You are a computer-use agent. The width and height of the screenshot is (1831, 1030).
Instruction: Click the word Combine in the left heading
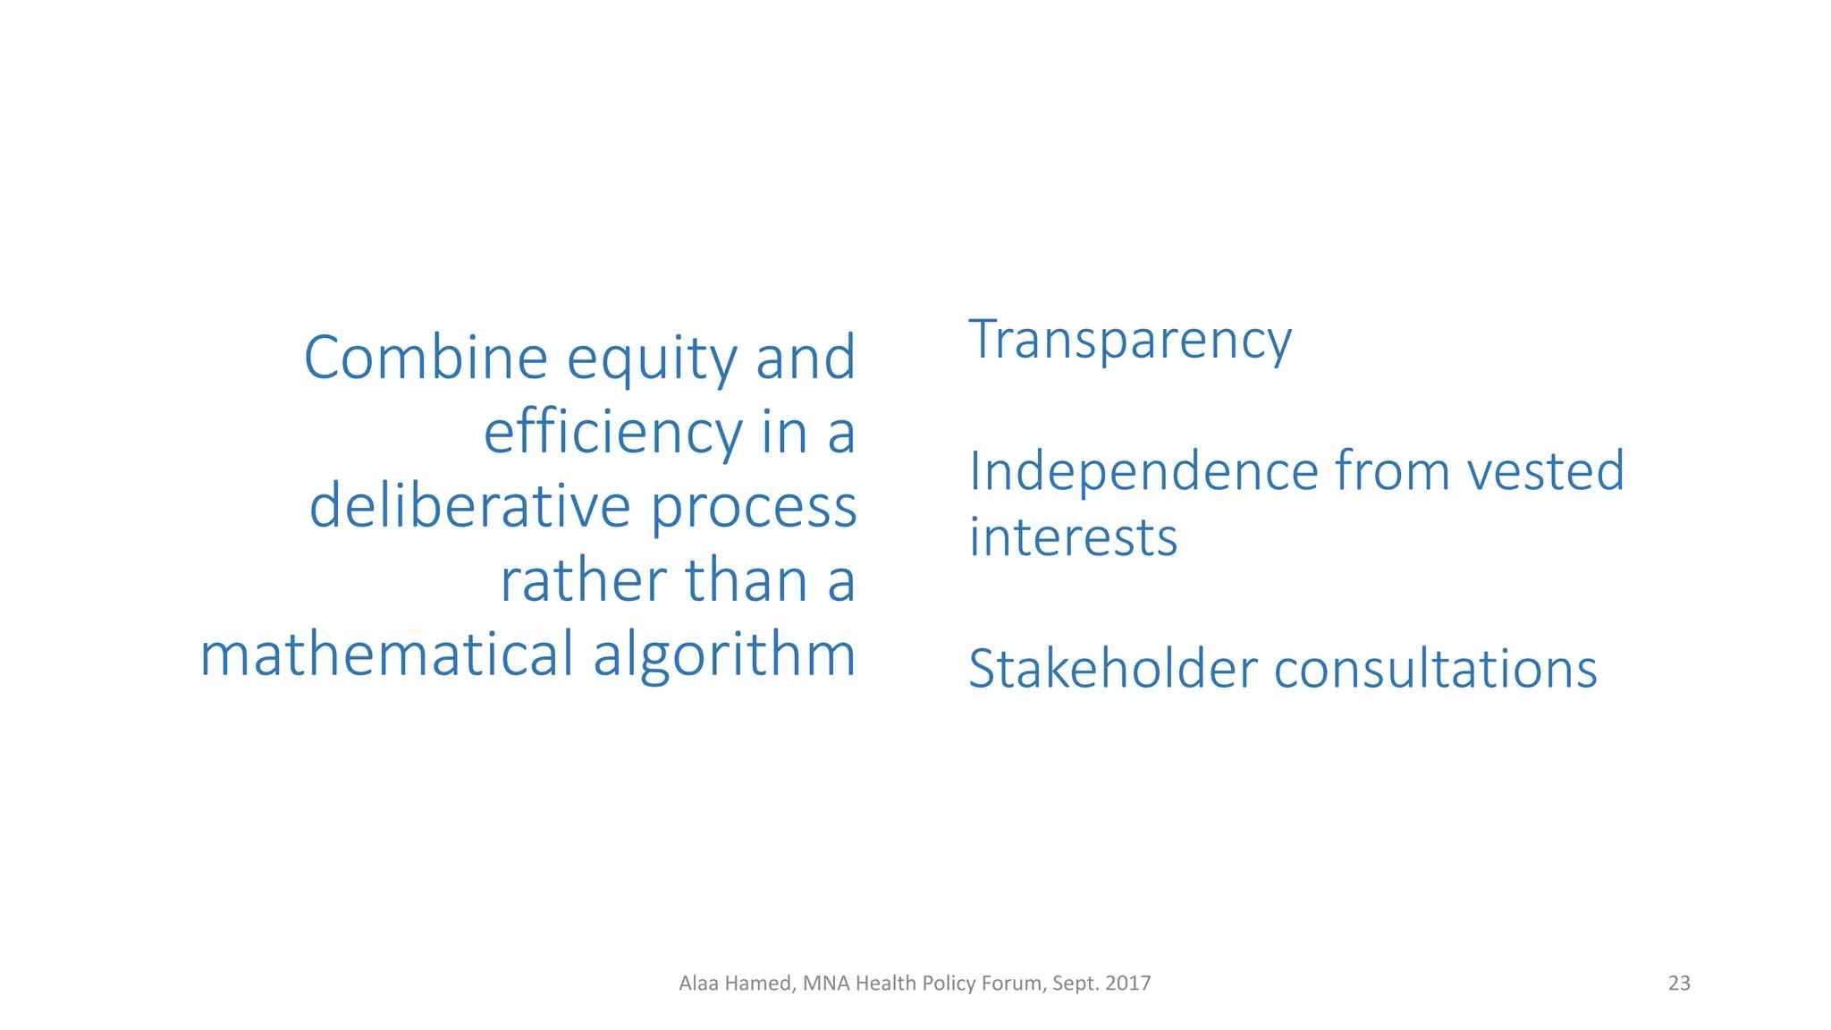pyautogui.click(x=425, y=358)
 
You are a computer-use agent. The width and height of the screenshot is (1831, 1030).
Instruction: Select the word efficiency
pyautogui.click(x=612, y=433)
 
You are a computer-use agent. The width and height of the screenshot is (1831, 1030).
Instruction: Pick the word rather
pyautogui.click(x=582, y=581)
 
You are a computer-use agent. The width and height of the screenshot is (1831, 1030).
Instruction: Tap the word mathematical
pyautogui.click(x=386, y=654)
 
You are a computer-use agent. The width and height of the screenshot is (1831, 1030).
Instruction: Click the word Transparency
pyautogui.click(x=1130, y=341)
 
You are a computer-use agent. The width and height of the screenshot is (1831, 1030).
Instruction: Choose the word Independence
pyautogui.click(x=1143, y=472)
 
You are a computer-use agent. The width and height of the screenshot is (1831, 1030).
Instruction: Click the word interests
pyautogui.click(x=1073, y=537)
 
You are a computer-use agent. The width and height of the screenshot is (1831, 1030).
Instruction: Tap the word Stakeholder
pyautogui.click(x=1112, y=669)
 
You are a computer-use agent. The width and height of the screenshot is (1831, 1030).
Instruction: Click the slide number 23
pyautogui.click(x=1679, y=984)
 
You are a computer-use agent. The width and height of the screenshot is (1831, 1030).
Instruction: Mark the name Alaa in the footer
pyautogui.click(x=698, y=984)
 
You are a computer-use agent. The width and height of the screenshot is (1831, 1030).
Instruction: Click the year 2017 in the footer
pyautogui.click(x=1127, y=984)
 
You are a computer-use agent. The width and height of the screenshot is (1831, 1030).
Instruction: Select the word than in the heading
pyautogui.click(x=747, y=581)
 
